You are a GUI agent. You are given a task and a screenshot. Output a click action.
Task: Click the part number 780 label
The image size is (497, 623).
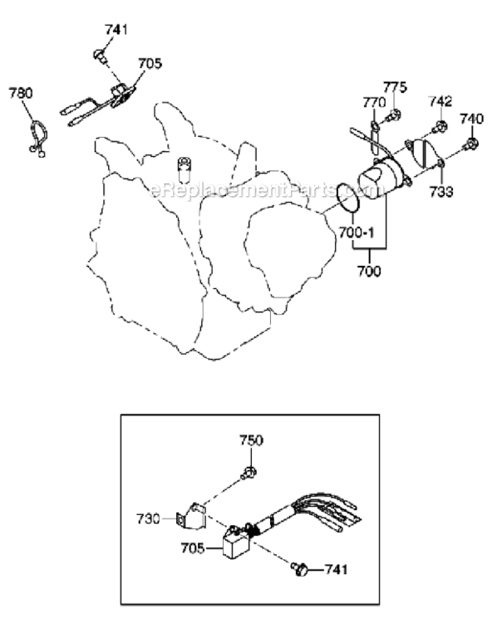[x=21, y=93]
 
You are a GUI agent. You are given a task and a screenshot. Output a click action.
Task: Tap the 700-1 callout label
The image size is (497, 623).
[x=357, y=233]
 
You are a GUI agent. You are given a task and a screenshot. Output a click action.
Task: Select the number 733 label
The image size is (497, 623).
[x=441, y=192]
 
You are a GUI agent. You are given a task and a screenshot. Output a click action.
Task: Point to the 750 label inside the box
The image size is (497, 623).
[x=251, y=440]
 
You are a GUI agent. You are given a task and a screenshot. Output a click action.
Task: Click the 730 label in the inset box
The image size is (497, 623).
[x=148, y=519]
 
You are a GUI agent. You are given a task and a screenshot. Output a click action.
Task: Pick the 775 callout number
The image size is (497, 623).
[x=396, y=87]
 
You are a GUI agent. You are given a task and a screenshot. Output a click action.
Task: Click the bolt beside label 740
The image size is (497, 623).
[x=470, y=144]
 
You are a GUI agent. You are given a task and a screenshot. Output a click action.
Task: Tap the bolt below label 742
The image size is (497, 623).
[x=440, y=127]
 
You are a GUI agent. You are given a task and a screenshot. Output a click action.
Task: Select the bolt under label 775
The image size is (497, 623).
[x=393, y=115]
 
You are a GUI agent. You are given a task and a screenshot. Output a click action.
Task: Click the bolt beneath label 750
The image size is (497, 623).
[x=248, y=473]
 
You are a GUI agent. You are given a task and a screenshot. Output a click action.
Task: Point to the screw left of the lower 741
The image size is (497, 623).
[x=299, y=568]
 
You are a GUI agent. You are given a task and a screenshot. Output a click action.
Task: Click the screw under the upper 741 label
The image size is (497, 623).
[x=100, y=56]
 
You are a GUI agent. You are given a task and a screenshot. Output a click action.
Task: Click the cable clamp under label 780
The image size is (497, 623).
[x=38, y=137]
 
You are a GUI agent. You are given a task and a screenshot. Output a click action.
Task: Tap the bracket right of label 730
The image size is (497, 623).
[x=191, y=517]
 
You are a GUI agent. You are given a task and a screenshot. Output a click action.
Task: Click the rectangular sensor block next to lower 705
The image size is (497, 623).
[x=236, y=542]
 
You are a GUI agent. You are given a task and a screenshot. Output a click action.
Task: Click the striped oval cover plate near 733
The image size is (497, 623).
[x=425, y=153]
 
